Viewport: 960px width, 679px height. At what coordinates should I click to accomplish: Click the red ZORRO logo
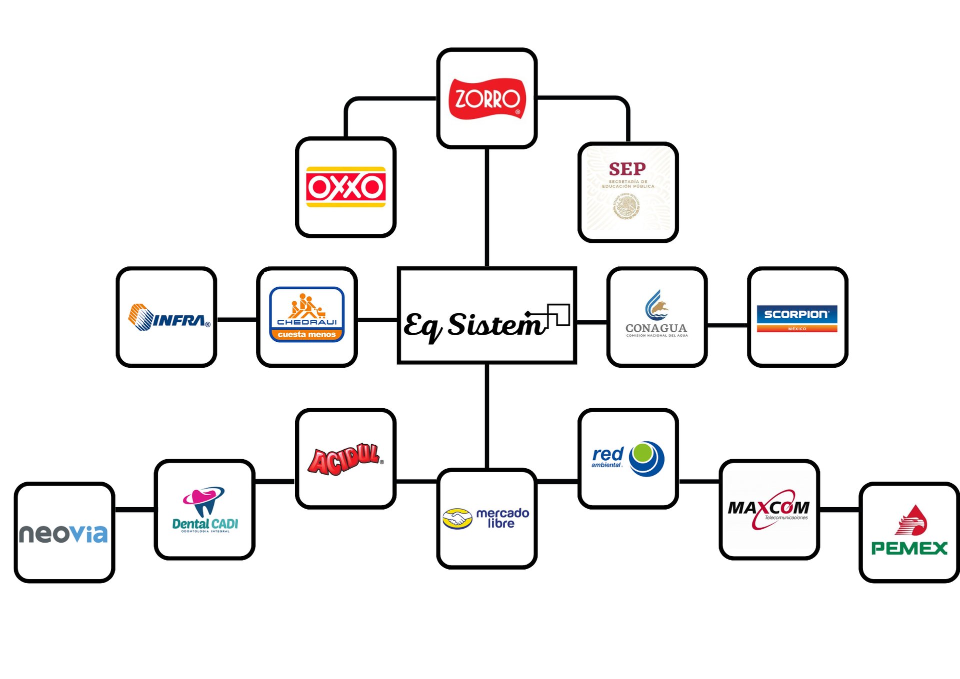[x=487, y=99]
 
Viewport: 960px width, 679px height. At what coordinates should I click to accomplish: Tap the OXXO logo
[x=345, y=187]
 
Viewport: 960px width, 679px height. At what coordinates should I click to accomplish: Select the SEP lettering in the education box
[x=627, y=169]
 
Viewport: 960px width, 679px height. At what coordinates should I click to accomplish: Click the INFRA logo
[x=169, y=318]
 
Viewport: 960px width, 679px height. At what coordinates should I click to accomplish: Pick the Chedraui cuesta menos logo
[x=306, y=314]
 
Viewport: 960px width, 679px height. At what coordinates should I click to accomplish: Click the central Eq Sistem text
[x=475, y=325]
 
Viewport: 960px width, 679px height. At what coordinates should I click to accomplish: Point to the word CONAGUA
[x=656, y=328]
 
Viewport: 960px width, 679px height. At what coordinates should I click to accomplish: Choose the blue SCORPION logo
[x=796, y=318]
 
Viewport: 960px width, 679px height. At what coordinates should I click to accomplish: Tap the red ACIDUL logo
[x=344, y=459]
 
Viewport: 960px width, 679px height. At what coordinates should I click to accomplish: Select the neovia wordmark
[x=63, y=533]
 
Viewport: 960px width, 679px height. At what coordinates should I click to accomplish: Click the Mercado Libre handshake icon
[x=457, y=519]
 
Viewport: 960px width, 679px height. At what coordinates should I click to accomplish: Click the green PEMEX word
[x=909, y=548]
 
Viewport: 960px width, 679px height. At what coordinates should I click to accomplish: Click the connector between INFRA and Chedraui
[x=236, y=319]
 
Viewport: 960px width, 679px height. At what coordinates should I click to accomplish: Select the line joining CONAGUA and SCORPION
[x=727, y=325]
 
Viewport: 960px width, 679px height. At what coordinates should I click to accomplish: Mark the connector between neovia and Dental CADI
[x=134, y=509]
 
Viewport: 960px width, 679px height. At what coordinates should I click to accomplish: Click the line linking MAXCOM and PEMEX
[x=839, y=509]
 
